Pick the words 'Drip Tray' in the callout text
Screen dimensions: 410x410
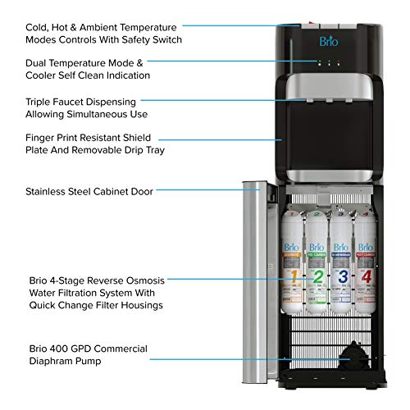(143, 153)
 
